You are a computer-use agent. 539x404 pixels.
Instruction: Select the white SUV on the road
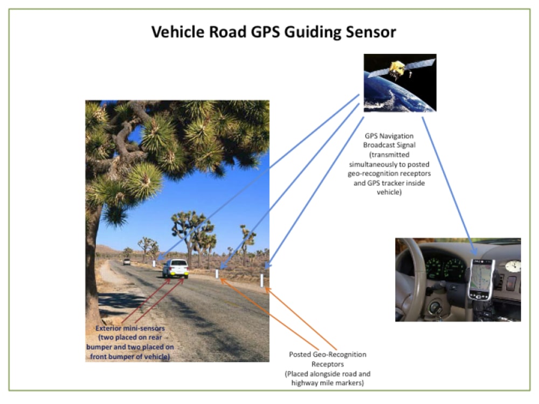coord(176,268)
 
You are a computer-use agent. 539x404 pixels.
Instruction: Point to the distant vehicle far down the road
coord(127,262)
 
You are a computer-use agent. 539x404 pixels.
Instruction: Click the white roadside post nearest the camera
coord(262,281)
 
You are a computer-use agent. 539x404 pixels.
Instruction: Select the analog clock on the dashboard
coord(513,266)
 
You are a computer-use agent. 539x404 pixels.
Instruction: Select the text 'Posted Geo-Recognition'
coord(327,354)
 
